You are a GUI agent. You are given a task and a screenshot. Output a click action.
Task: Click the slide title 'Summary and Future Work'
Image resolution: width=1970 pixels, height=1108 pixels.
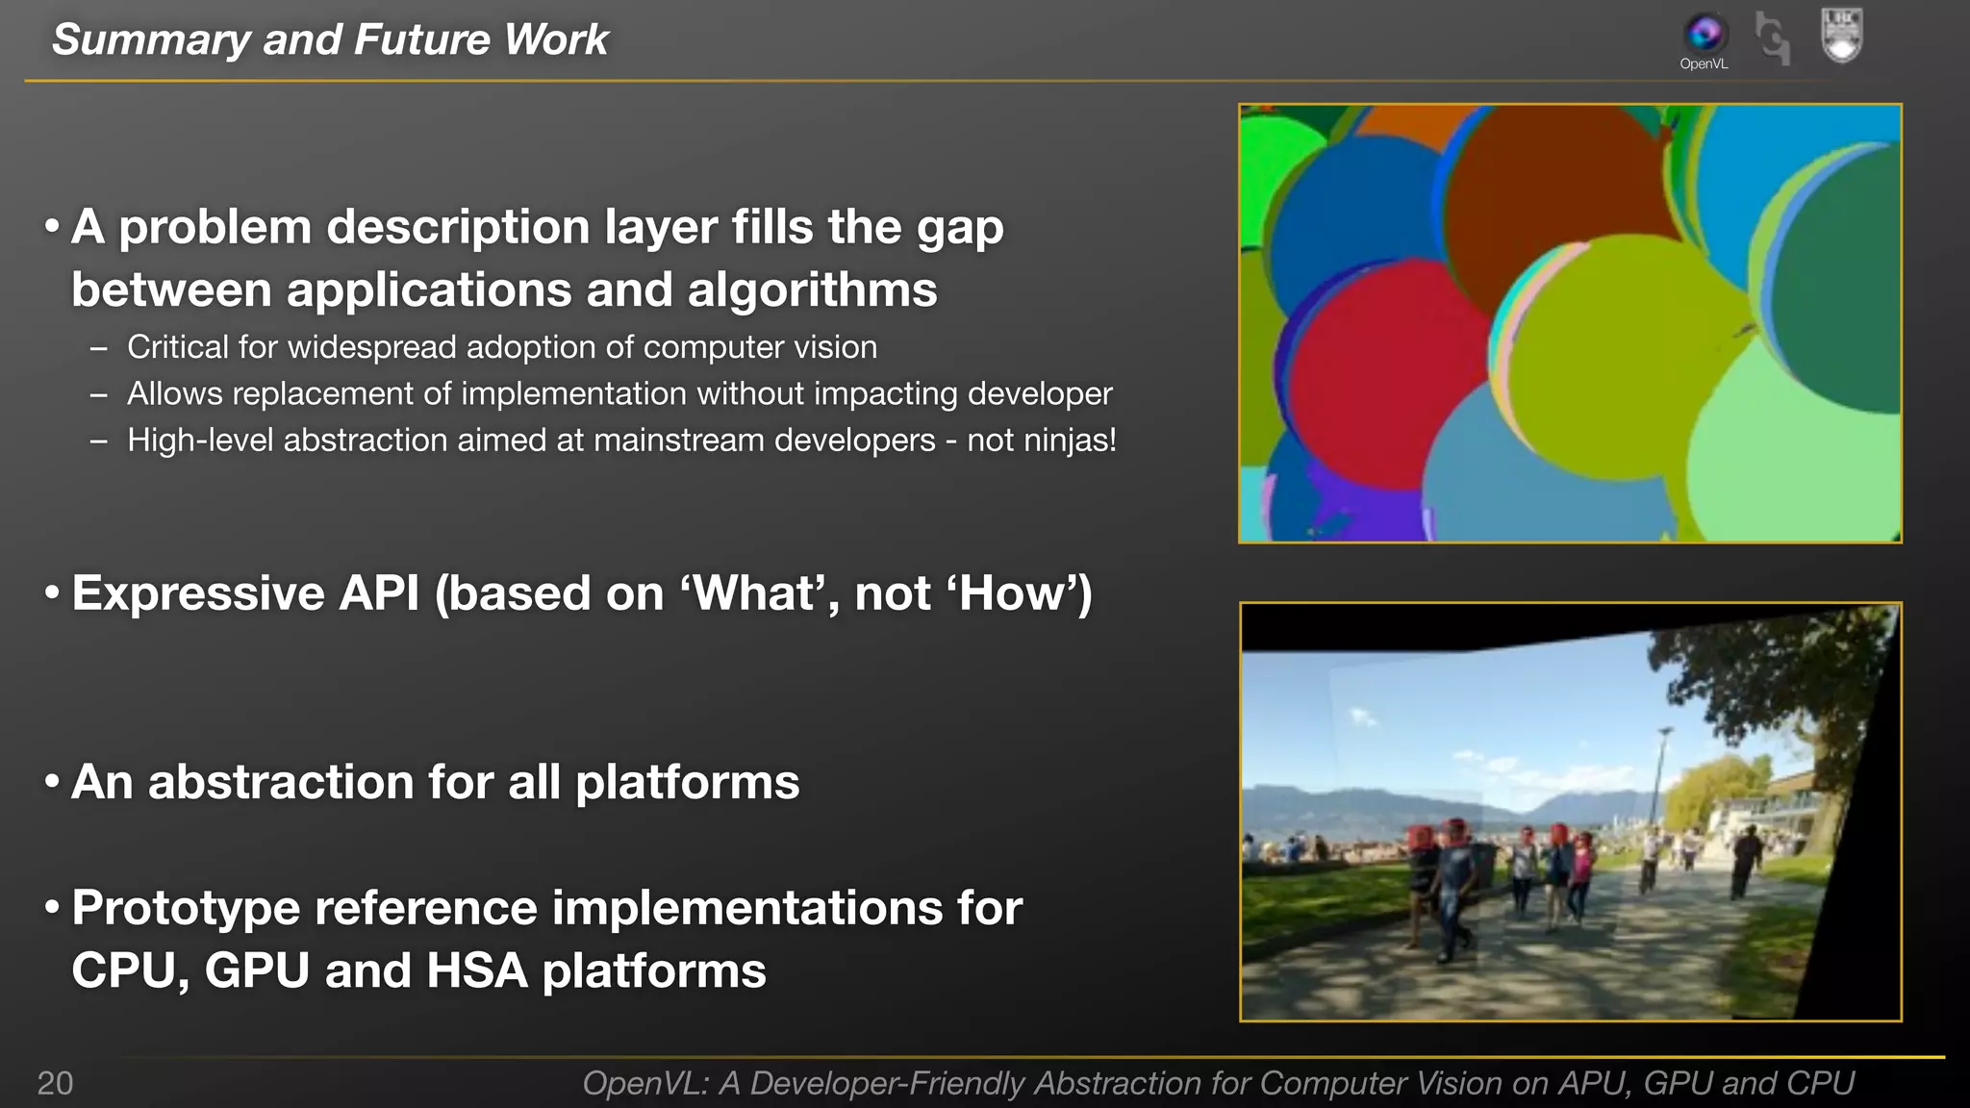(x=330, y=40)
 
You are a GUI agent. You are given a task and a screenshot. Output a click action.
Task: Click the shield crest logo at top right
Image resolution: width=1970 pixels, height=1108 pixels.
(x=1842, y=36)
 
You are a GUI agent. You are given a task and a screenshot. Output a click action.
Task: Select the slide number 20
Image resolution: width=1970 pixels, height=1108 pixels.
(x=55, y=1083)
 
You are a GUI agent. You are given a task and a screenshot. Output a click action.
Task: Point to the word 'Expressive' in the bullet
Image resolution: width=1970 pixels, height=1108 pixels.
(x=197, y=593)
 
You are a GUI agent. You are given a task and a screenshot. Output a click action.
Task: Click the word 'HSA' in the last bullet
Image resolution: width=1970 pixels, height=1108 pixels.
(x=476, y=970)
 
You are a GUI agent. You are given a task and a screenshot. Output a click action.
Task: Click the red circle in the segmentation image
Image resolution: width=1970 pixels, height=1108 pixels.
(x=1385, y=385)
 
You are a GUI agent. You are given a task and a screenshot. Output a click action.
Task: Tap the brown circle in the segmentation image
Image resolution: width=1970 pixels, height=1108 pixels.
(x=1558, y=192)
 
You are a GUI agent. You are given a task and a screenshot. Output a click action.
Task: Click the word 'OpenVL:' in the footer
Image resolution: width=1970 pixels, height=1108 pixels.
(x=645, y=1084)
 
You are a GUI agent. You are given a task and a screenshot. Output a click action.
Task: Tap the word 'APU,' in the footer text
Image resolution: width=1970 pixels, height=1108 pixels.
(x=1594, y=1084)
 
